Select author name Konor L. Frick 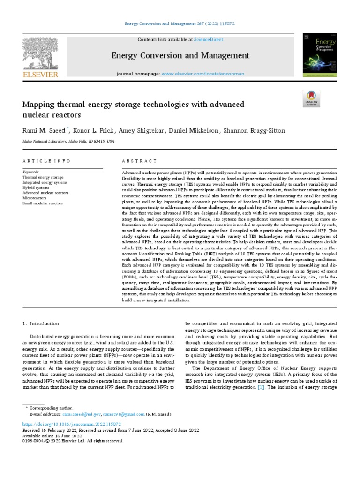[x=93, y=130]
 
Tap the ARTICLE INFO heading [x=46, y=161]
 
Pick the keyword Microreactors [x=34, y=197]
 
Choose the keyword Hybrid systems [x=37, y=187]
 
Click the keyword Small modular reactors [x=42, y=202]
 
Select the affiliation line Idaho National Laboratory [x=68, y=141]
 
